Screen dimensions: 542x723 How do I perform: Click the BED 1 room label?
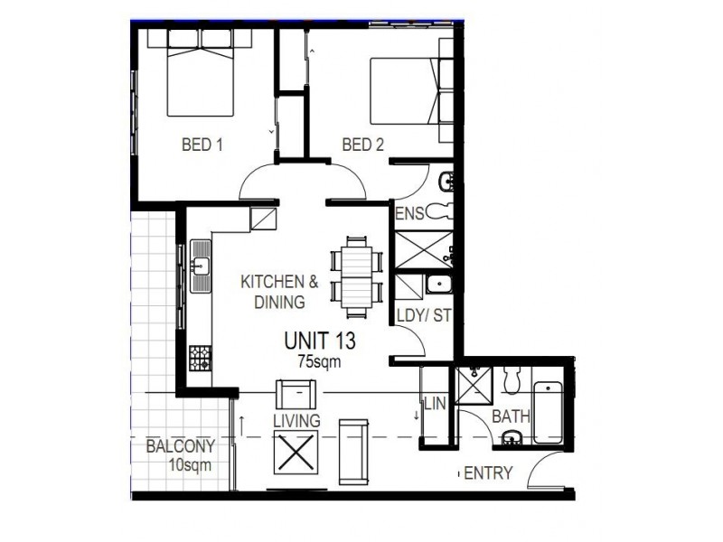coord(202,145)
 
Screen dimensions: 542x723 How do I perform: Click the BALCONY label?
coord(181,446)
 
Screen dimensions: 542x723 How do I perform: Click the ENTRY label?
coord(488,473)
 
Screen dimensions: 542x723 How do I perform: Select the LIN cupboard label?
coord(436,404)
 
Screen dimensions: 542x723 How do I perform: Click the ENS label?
coord(409,214)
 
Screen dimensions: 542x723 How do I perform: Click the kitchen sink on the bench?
coord(201,266)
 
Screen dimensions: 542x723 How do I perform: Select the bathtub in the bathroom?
coord(549,413)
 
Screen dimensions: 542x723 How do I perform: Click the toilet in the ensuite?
coord(438,212)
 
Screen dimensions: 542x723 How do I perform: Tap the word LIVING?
coord(296,421)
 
